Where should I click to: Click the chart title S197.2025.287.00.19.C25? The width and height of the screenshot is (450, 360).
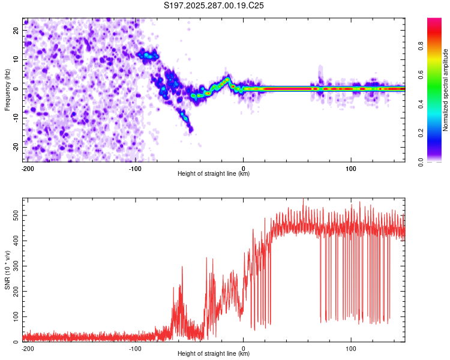click(214, 6)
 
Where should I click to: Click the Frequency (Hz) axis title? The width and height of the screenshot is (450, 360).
click(7, 90)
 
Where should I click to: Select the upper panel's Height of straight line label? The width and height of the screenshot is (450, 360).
click(214, 173)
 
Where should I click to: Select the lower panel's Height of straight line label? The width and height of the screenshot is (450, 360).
click(214, 353)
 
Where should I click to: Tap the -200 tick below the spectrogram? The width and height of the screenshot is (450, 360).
click(27, 167)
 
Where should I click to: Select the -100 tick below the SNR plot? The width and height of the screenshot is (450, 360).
click(135, 347)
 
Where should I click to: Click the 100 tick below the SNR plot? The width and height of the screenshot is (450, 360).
click(350, 347)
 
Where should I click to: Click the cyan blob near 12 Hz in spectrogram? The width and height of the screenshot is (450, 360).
click(147, 55)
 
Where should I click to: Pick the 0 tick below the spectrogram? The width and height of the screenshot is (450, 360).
click(243, 167)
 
